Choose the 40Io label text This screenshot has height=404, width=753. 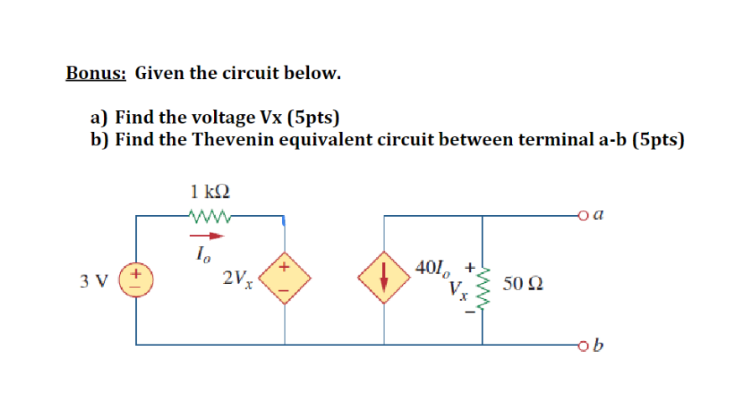point(431,270)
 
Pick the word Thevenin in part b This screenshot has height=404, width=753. point(229,139)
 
